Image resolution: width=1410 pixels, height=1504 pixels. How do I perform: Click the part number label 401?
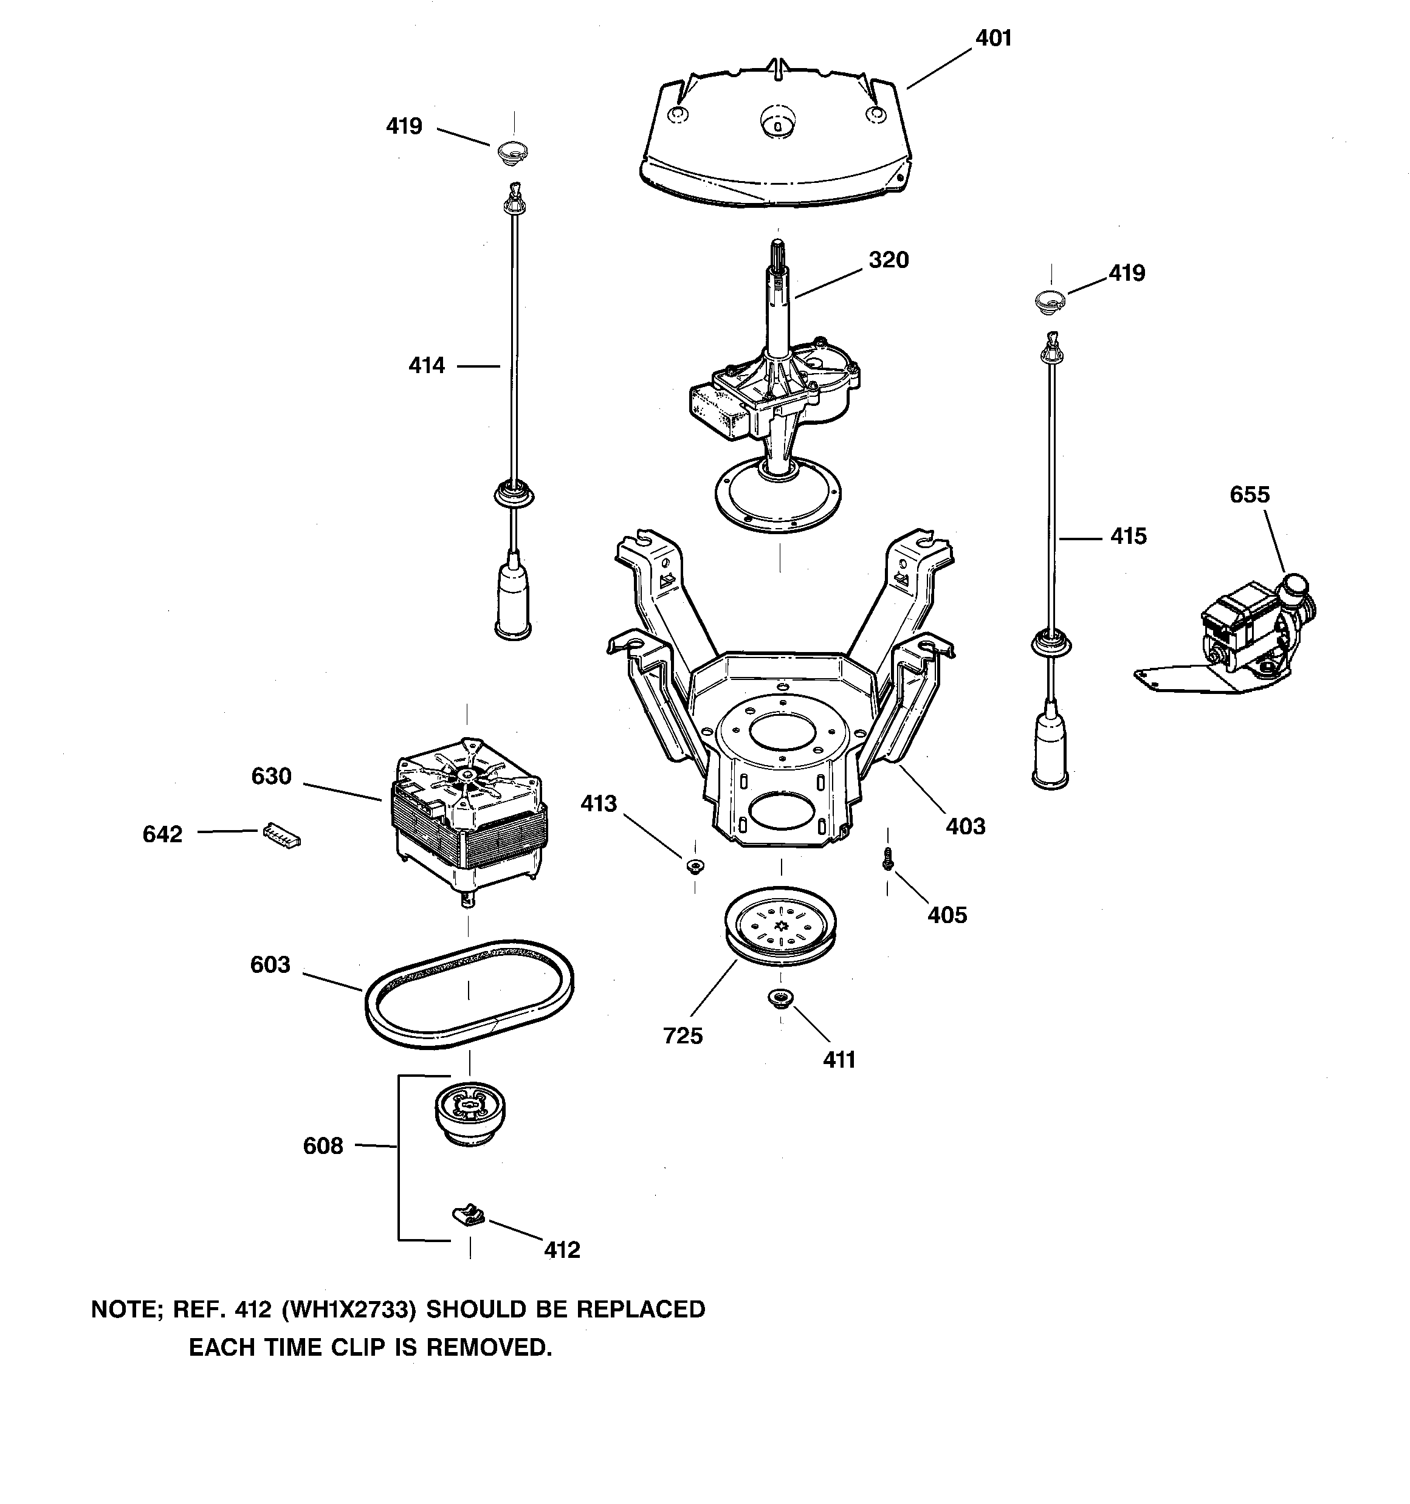[x=993, y=38]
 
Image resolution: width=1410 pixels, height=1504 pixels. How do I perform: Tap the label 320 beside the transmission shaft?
[x=888, y=259]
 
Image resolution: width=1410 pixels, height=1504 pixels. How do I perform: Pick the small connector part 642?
[x=281, y=835]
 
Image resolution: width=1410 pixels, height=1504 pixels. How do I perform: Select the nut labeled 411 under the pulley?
[x=780, y=998]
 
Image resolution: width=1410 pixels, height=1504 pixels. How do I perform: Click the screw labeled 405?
[x=889, y=859]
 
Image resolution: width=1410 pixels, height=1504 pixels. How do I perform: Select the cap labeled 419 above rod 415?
[x=1050, y=300]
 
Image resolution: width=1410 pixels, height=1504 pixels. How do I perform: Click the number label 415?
[x=1128, y=537]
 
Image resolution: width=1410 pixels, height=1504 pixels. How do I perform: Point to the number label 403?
[x=965, y=826]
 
